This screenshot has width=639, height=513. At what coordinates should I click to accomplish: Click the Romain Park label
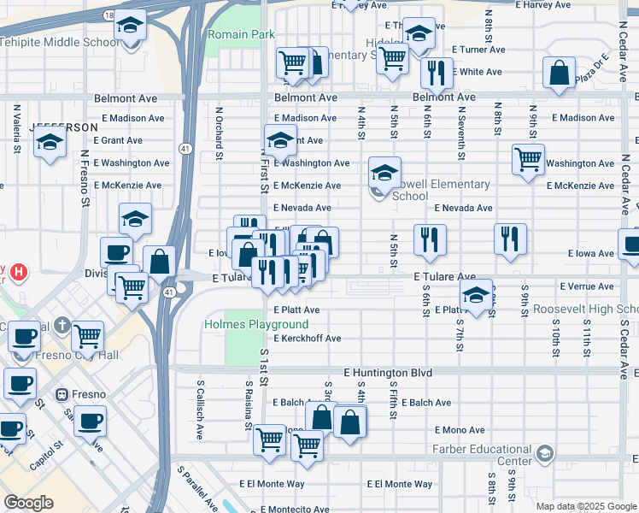241,34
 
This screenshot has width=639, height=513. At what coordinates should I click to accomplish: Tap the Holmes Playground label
255,325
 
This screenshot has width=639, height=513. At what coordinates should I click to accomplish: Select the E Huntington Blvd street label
388,373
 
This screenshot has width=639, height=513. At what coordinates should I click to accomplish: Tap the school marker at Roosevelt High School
476,296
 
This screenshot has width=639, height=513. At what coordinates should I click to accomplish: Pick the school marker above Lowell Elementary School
384,174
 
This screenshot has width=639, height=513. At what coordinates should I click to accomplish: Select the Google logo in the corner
28,502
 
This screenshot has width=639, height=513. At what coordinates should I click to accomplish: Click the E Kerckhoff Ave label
307,339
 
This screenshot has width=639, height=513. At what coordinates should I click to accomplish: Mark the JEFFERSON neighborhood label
63,127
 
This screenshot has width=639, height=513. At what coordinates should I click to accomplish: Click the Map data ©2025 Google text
586,506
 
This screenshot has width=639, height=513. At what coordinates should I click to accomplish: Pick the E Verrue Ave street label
589,286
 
